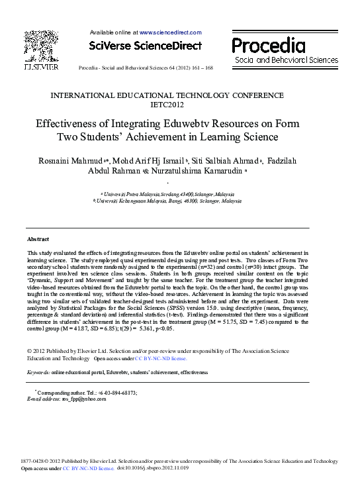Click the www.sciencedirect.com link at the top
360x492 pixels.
(170, 32)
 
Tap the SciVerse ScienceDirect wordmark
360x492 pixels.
(146, 46)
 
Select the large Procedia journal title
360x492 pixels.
(268, 46)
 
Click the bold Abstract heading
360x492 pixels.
(38, 238)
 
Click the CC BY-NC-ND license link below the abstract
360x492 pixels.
(161, 358)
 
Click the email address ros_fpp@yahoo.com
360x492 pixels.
(83, 399)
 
